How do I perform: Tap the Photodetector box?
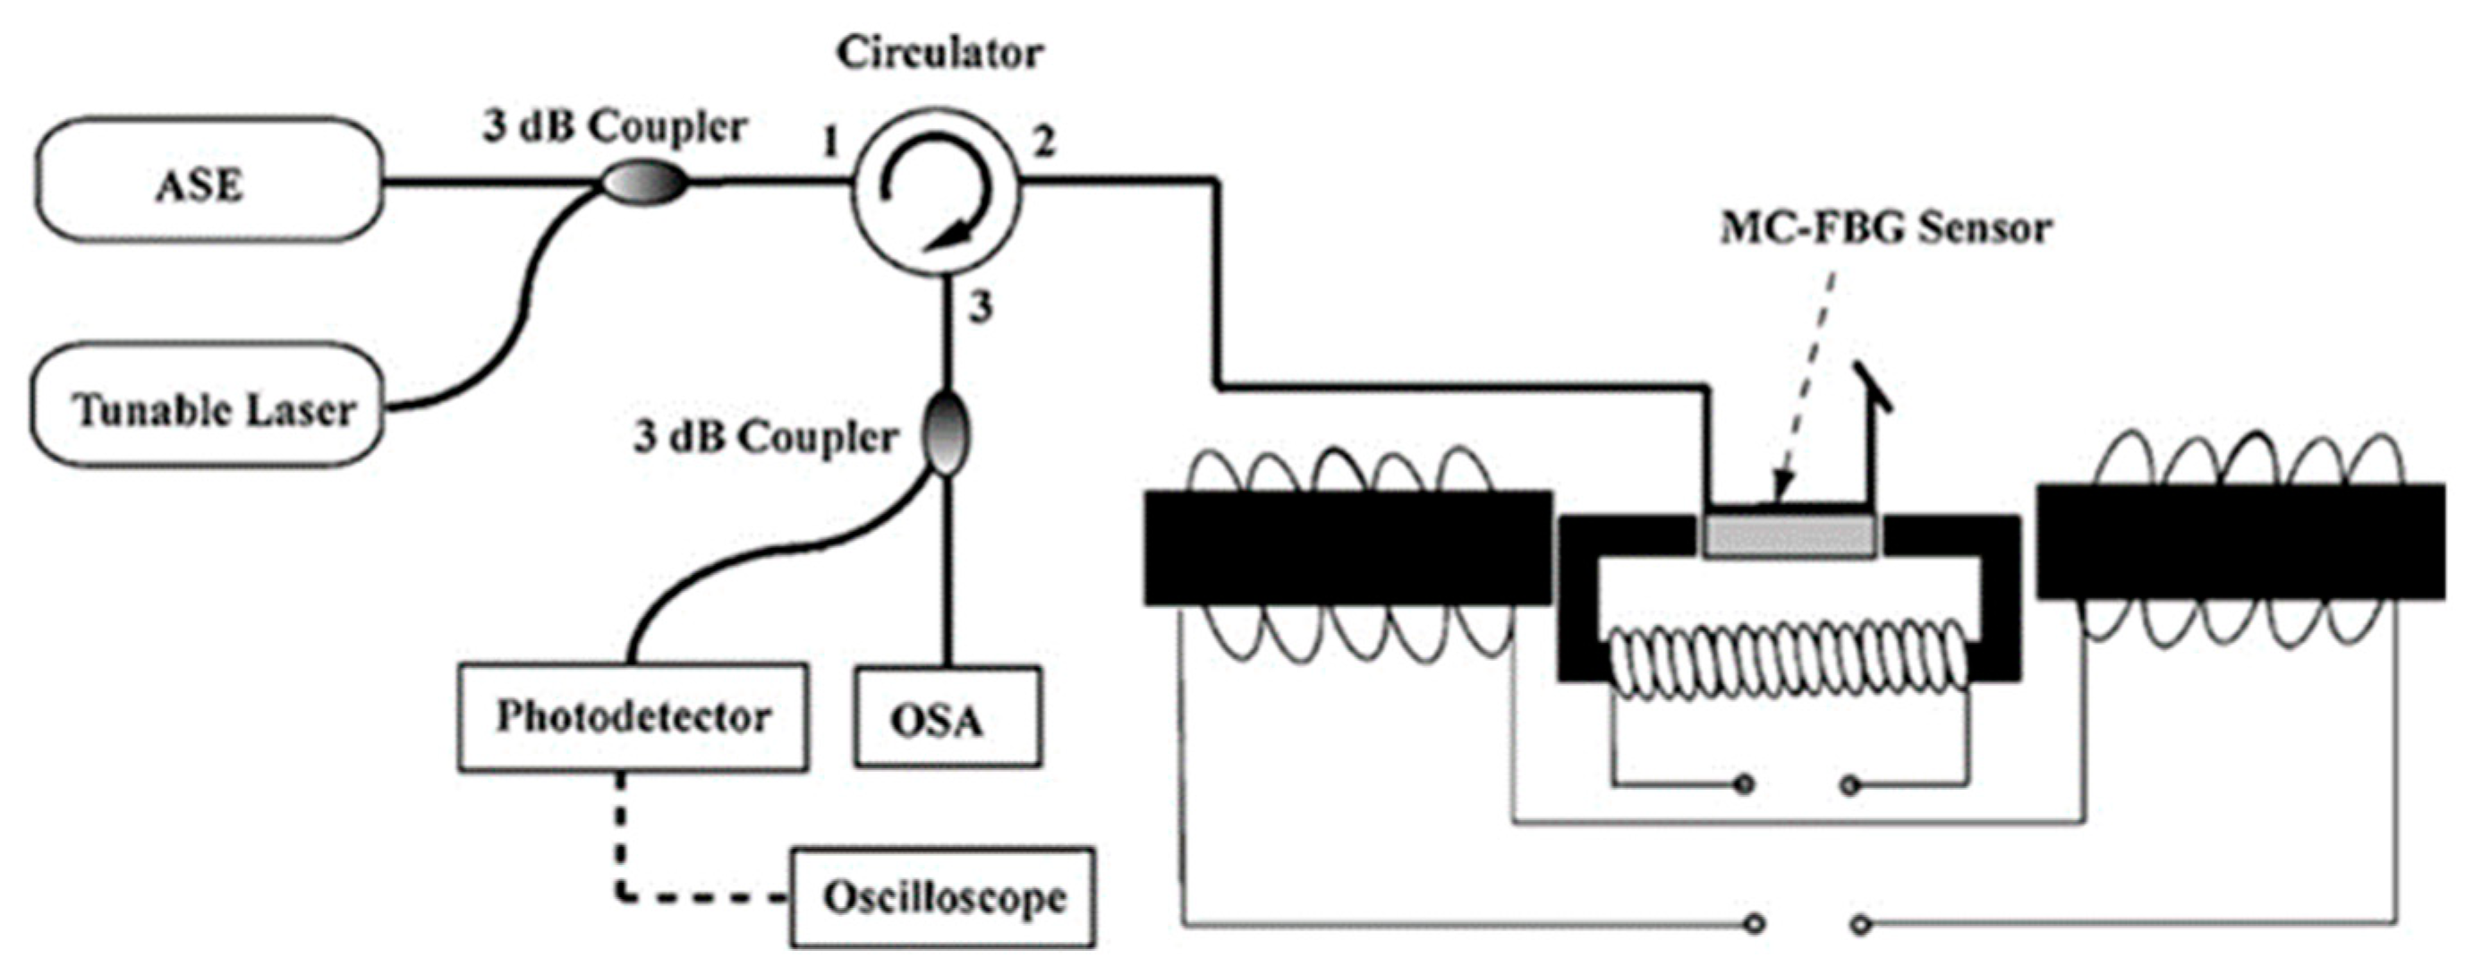633,716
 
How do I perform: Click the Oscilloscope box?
942,896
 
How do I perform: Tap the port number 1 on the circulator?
829,143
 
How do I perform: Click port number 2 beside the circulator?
1044,143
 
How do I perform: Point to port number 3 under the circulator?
981,308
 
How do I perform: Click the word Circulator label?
939,54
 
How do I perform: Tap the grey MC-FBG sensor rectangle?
1789,536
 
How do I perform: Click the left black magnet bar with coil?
1347,548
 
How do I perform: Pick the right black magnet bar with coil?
2240,542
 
